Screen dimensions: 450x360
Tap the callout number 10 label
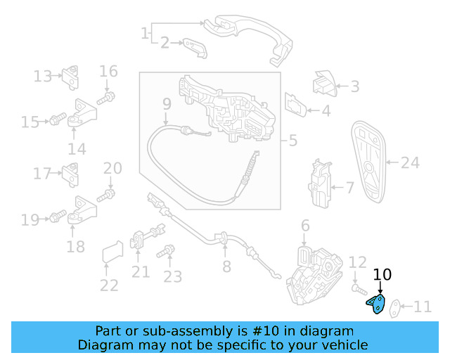382,275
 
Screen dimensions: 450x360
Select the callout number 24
410,163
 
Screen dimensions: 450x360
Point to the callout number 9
167,105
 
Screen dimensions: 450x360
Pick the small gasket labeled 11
396,307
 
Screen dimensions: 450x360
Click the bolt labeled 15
56,120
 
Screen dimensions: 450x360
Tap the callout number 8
226,266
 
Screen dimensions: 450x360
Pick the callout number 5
292,141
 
